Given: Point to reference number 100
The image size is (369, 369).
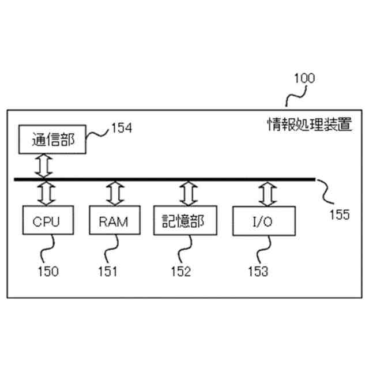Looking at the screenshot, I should pyautogui.click(x=304, y=78).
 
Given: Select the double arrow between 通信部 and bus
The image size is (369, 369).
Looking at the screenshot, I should pyautogui.click(x=44, y=167).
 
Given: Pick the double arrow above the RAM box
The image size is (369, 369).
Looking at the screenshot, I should pyautogui.click(x=113, y=194).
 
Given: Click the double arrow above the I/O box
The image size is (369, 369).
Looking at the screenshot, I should pyautogui.click(x=266, y=194).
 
